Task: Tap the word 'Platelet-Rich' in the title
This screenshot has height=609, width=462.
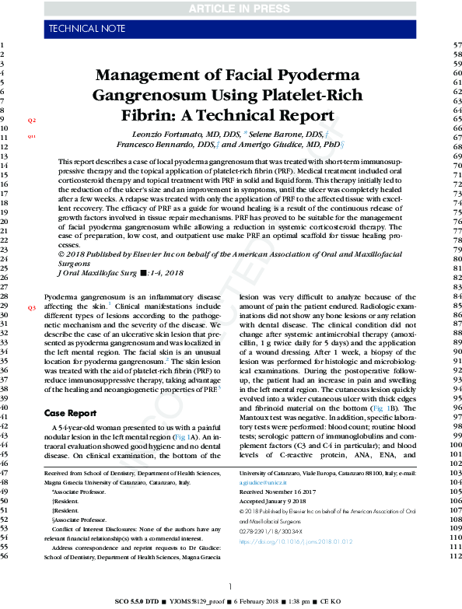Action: tap(300, 97)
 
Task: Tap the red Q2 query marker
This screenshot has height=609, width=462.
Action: tap(32, 121)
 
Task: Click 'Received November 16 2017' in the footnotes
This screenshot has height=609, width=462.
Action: tap(278, 492)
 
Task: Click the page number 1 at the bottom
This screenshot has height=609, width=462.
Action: tap(231, 586)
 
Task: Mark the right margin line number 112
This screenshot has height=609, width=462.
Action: tap(457, 557)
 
